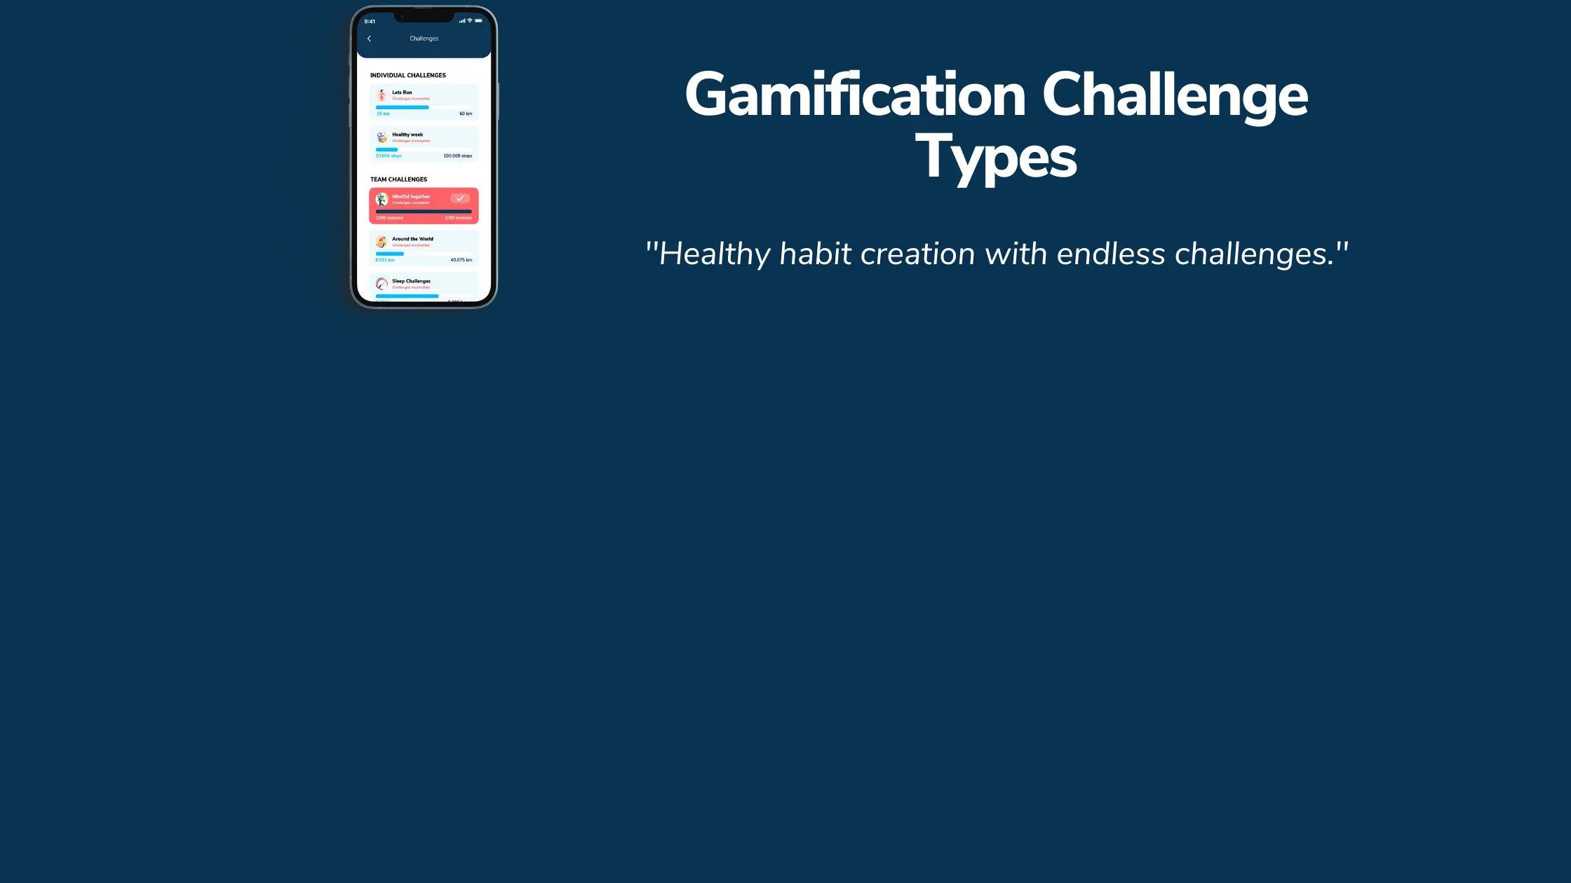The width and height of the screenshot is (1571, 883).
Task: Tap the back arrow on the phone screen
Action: click(x=370, y=39)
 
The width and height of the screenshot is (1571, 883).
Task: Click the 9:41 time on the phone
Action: click(x=370, y=22)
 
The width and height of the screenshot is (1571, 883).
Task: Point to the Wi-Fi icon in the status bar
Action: click(x=470, y=20)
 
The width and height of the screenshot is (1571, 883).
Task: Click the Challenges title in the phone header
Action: click(x=424, y=39)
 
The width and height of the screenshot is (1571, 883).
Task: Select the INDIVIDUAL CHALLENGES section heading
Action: click(x=408, y=75)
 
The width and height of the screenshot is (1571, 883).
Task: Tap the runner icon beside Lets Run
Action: click(x=382, y=95)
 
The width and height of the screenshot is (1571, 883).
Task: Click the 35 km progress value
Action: click(x=383, y=114)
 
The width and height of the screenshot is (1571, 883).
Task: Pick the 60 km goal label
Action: click(x=466, y=114)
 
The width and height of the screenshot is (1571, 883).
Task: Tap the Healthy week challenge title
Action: click(x=407, y=135)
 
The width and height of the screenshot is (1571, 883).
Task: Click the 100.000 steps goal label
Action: click(x=457, y=156)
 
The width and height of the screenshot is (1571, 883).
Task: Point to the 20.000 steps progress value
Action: click(x=389, y=156)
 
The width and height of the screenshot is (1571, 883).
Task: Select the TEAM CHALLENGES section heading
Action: click(x=398, y=179)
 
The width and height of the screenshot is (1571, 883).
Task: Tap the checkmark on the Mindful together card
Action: click(x=460, y=198)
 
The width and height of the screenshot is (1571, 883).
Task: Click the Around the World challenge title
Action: click(x=412, y=239)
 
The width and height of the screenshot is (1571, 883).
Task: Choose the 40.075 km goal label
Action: click(x=461, y=260)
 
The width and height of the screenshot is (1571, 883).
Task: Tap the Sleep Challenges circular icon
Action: click(x=382, y=284)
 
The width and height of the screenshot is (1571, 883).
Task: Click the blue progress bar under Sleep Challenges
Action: click(x=407, y=296)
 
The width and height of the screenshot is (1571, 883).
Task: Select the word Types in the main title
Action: click(x=996, y=158)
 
